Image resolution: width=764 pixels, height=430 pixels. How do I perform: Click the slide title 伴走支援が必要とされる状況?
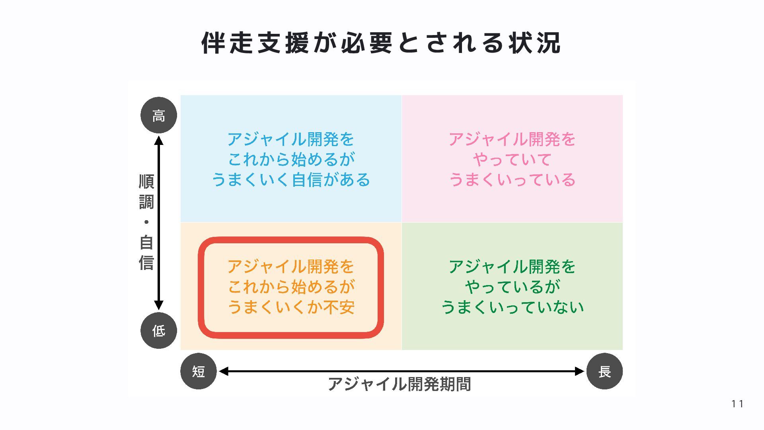coord(381,43)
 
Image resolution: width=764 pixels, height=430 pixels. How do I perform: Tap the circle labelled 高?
coord(159,115)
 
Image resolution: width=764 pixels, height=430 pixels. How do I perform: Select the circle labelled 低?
coord(159,330)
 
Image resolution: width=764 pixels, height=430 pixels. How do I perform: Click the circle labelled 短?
coord(199,371)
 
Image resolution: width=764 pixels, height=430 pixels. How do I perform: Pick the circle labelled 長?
coord(604,371)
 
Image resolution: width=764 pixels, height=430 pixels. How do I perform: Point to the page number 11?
coord(737,404)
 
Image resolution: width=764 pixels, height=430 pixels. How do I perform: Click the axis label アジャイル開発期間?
coord(400,384)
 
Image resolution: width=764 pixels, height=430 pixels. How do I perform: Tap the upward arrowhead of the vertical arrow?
coord(159,140)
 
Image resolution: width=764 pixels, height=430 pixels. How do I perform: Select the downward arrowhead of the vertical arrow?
coord(159,305)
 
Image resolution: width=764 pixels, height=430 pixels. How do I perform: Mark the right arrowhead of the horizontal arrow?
coord(579,371)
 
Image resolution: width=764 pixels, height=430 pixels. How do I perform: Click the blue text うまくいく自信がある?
coord(291,180)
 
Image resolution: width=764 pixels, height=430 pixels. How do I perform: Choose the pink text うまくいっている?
coord(512,180)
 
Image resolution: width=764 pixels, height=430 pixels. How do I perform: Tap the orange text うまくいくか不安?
coord(291,307)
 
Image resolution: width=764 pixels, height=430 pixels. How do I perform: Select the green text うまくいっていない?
coord(512,307)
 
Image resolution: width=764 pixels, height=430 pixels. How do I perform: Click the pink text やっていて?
coord(512,160)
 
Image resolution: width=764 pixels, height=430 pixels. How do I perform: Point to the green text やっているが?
coord(512,287)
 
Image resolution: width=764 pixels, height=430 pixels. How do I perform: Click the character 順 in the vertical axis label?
coord(146,182)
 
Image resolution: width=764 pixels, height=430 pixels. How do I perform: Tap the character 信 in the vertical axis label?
coord(146,263)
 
